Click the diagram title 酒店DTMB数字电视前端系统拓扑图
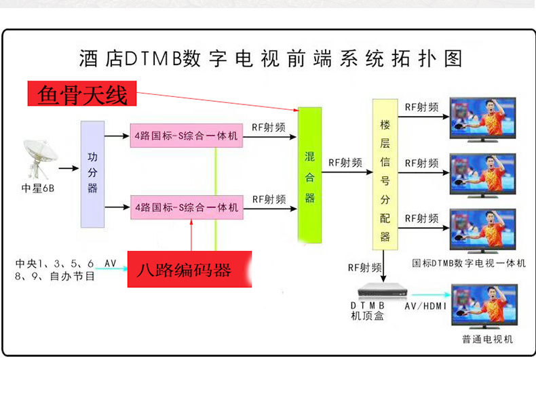pyautogui.click(x=271, y=59)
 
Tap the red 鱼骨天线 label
pyautogui.click(x=82, y=95)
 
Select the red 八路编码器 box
pyautogui.click(x=189, y=270)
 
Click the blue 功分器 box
pyautogui.click(x=93, y=174)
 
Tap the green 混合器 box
pyautogui.click(x=309, y=174)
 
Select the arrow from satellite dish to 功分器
pyautogui.click(x=68, y=167)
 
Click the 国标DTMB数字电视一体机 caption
pyautogui.click(x=469, y=263)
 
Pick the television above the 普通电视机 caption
pyautogui.click(x=483, y=306)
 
